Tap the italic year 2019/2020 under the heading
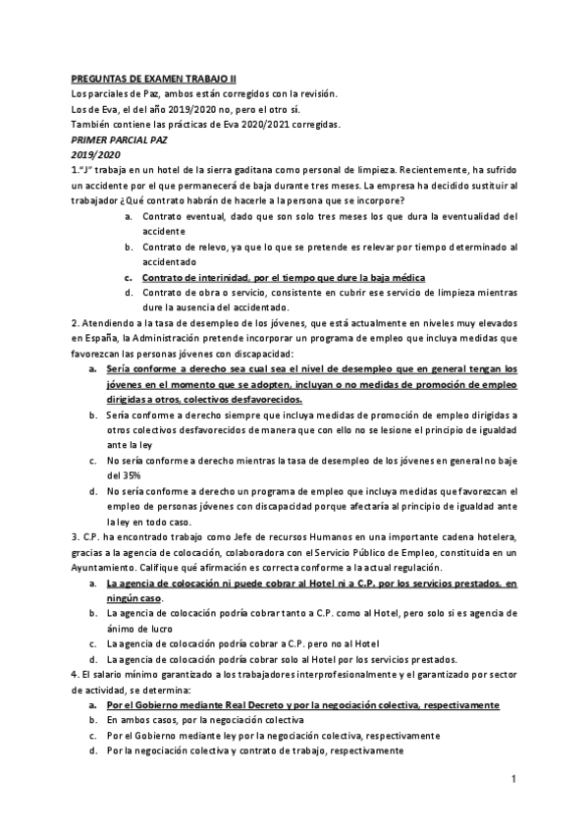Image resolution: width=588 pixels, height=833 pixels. tap(96, 155)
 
